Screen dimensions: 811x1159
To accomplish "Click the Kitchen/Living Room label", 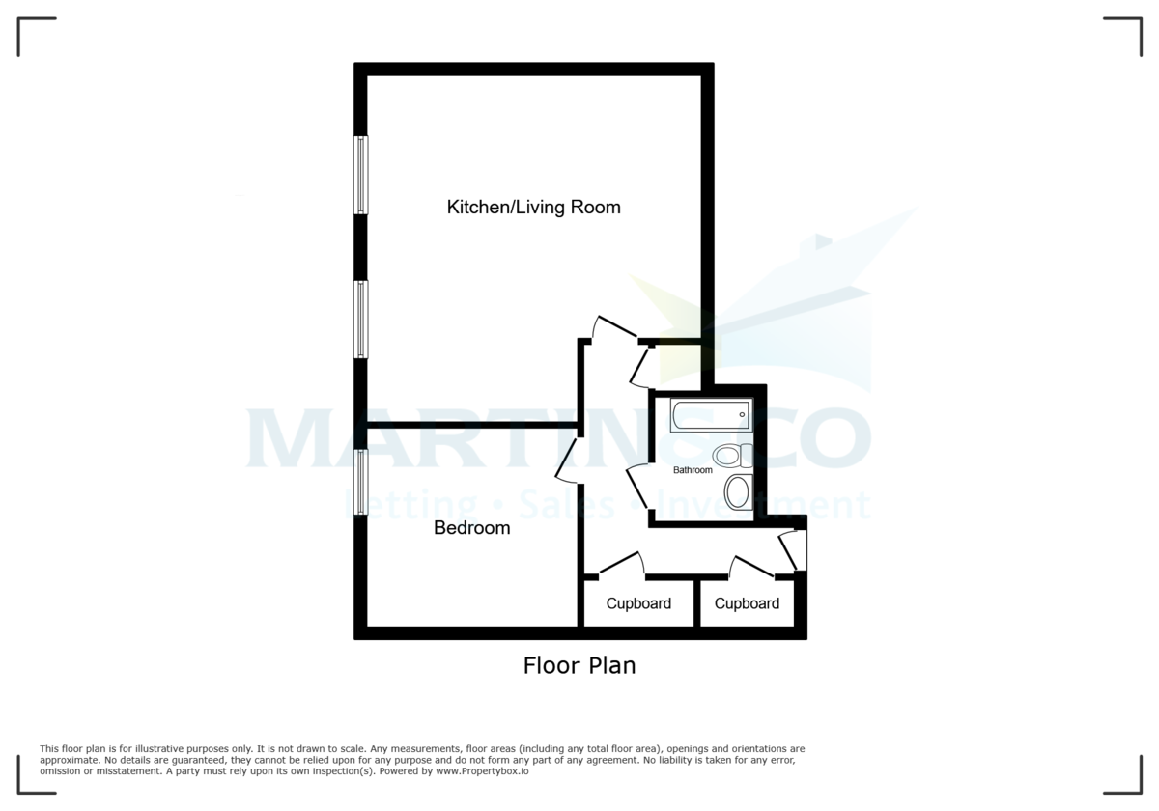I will tap(533, 208).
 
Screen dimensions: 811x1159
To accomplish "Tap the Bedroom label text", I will tap(471, 528).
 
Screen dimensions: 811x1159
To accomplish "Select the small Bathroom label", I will tap(693, 470).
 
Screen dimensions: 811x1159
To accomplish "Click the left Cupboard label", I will tap(638, 604).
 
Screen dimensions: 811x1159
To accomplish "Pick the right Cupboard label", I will tap(747, 604).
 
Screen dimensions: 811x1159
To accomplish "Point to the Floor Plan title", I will tap(579, 665).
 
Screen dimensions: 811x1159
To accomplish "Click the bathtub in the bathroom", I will tap(710, 415).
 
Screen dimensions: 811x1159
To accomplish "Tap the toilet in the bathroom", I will tap(731, 456).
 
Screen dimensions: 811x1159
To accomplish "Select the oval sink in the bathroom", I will tap(737, 491).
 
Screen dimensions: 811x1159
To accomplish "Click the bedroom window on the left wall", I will tap(360, 483).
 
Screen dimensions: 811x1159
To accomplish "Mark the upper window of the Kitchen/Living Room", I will tap(360, 175).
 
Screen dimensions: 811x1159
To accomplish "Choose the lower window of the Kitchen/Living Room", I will tap(360, 320).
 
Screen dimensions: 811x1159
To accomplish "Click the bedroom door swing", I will tap(568, 460).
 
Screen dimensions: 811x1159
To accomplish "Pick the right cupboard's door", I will tap(752, 567).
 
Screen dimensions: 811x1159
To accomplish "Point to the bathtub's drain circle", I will tap(742, 416).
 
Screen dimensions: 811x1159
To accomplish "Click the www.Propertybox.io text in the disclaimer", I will tap(480, 771).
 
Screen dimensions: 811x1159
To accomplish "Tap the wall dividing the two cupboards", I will tap(696, 603).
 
